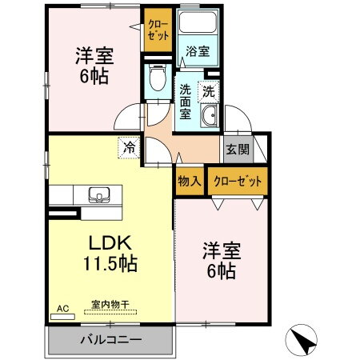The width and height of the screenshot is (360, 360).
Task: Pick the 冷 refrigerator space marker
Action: tap(128, 146)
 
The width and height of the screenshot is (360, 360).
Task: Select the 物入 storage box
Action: tap(189, 181)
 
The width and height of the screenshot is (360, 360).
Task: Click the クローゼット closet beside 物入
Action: tap(238, 181)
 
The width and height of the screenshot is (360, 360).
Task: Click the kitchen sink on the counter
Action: tap(100, 195)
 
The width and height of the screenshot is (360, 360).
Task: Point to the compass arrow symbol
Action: tap(304, 341)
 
